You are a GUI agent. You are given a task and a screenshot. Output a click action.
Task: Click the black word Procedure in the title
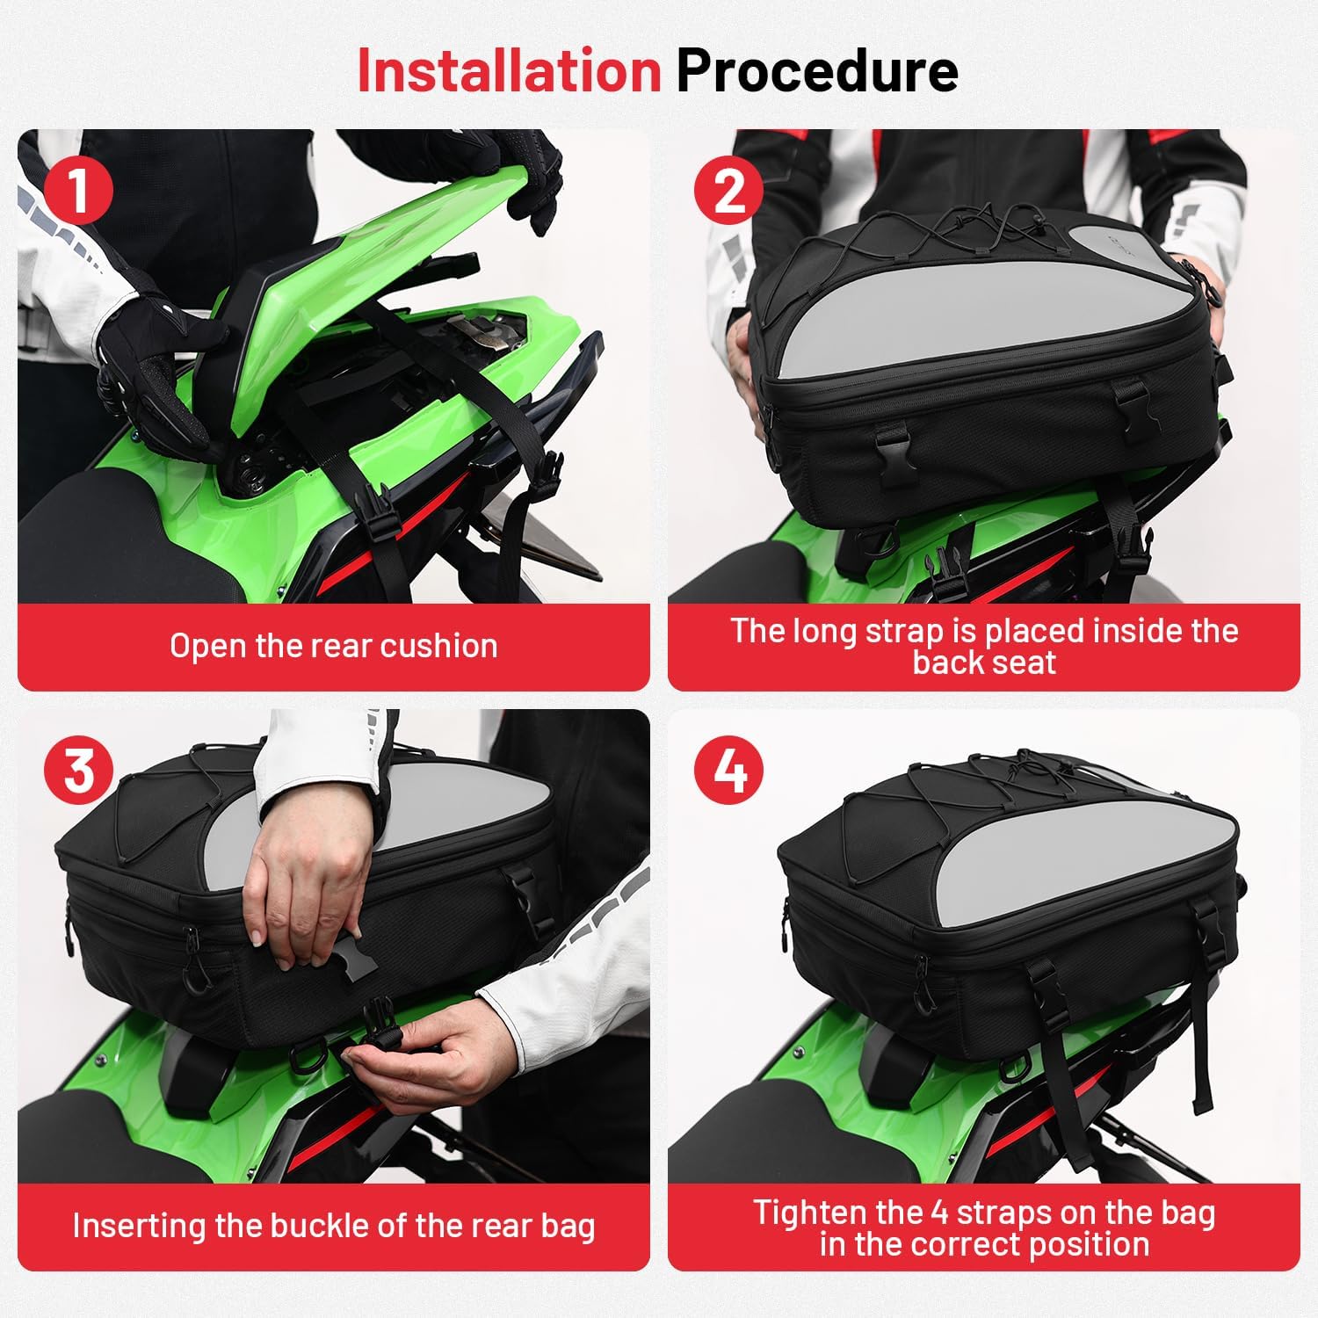click(x=816, y=70)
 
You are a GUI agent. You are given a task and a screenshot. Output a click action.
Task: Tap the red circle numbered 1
click(x=78, y=190)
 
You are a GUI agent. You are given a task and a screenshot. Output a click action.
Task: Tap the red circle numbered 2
click(x=728, y=190)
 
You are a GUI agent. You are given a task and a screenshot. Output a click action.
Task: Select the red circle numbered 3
click(x=78, y=770)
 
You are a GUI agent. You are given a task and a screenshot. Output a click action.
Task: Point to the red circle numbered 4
click(x=728, y=770)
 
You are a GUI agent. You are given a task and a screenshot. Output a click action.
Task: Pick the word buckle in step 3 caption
click(x=388, y=1226)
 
